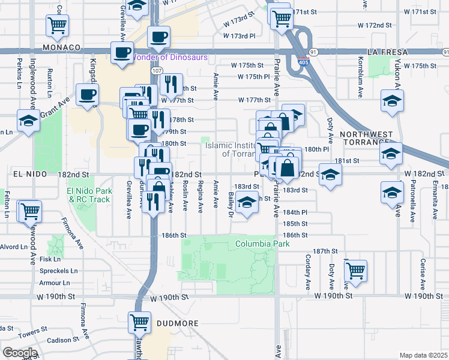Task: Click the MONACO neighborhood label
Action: (x=61, y=47)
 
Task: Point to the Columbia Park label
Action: (x=262, y=244)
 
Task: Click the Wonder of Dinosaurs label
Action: (x=169, y=58)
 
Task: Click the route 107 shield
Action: (x=156, y=71)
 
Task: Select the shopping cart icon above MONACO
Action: (x=57, y=25)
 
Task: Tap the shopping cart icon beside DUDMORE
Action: (x=140, y=322)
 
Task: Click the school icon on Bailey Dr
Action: (x=247, y=202)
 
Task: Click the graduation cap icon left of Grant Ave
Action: (x=28, y=121)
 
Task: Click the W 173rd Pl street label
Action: (x=239, y=36)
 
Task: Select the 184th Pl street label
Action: (x=295, y=212)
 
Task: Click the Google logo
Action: (x=20, y=352)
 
